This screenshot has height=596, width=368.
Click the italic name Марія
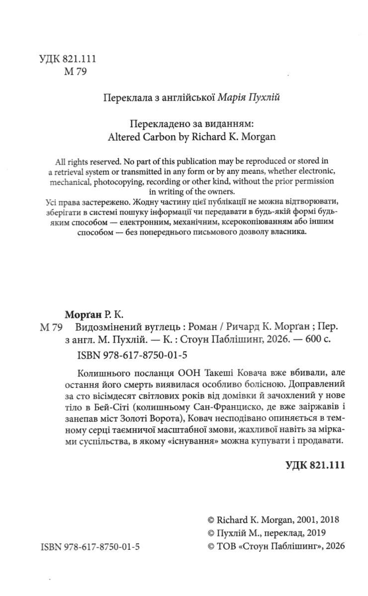[x=233, y=97]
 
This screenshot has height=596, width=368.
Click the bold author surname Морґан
[x=84, y=314]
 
